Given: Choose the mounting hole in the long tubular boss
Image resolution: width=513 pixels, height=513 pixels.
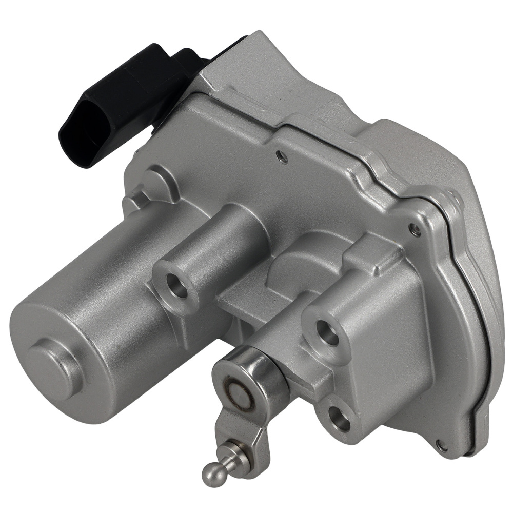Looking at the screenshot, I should (x=179, y=288).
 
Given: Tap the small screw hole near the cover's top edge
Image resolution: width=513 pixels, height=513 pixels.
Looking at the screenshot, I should (x=281, y=157).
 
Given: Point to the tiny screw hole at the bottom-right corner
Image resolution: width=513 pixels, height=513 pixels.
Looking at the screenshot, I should (x=442, y=446).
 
